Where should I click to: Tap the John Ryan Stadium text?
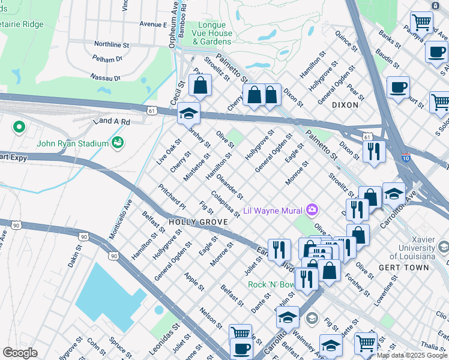click(x=72, y=143)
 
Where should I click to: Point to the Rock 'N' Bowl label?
click(x=271, y=284)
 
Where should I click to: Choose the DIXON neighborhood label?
click(x=345, y=105)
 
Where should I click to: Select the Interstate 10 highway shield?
click(x=406, y=158)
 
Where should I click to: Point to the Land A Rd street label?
click(x=111, y=122)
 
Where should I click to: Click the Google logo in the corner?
click(x=20, y=352)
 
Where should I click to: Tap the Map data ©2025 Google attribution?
click(x=412, y=355)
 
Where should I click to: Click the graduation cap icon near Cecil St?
click(x=188, y=113)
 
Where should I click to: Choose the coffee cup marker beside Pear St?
click(x=398, y=88)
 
